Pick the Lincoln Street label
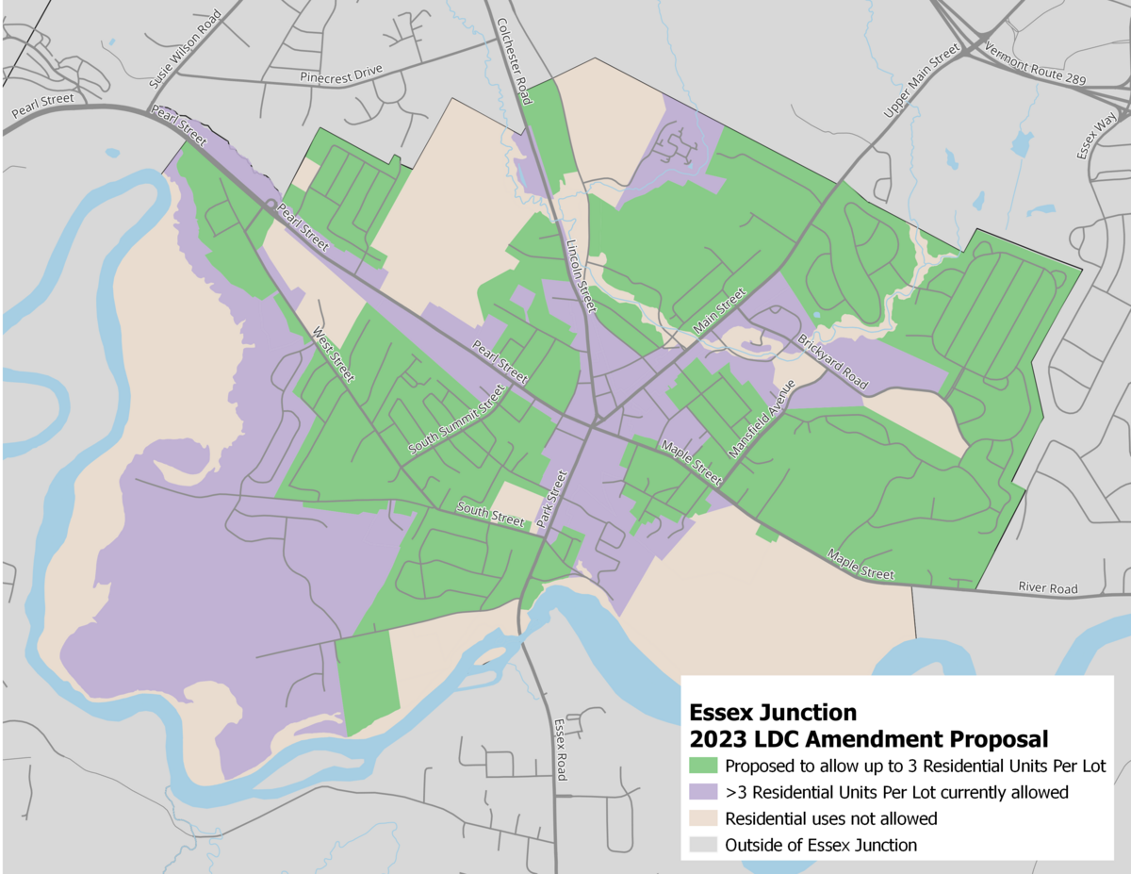(582, 274)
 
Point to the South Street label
(490, 515)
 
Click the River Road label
(1047, 589)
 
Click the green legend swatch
(703, 765)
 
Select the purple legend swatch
(703, 792)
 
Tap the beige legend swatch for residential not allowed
(703, 818)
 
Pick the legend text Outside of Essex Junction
(820, 845)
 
